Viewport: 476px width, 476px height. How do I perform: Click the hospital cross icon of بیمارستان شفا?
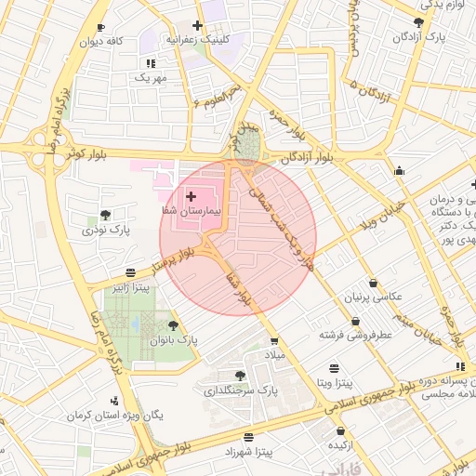[192, 196]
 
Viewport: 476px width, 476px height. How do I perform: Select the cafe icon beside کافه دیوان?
[100, 28]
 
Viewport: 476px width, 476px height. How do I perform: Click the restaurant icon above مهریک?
[150, 63]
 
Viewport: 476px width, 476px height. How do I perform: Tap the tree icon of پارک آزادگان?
[418, 22]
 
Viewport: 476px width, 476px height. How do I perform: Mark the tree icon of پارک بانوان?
[174, 324]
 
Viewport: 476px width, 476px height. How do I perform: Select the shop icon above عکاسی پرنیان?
[373, 283]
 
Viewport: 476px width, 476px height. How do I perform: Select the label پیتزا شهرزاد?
[248, 452]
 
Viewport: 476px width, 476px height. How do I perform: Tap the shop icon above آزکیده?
[341, 432]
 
